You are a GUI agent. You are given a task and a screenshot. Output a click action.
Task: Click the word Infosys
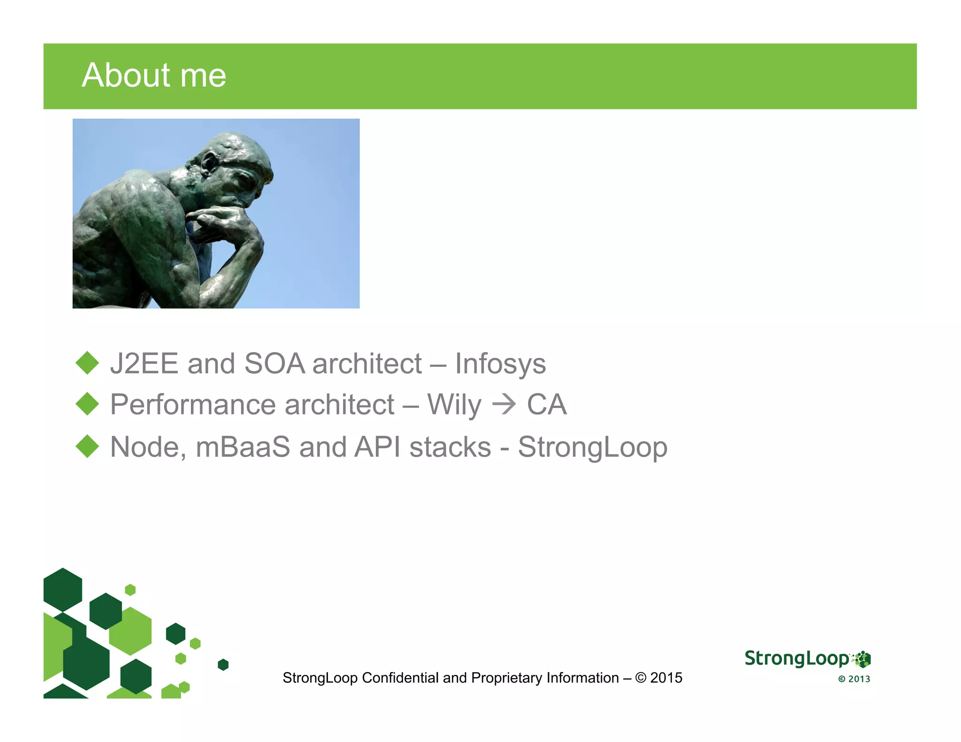pyautogui.click(x=500, y=364)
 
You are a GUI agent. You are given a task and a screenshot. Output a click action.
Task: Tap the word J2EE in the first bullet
pyautogui.click(x=144, y=364)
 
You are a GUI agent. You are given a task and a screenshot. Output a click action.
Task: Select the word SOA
pyautogui.click(x=275, y=364)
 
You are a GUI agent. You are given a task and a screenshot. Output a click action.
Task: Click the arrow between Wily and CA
pyautogui.click(x=503, y=405)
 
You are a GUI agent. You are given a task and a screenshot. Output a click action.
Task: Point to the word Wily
pyautogui.click(x=454, y=405)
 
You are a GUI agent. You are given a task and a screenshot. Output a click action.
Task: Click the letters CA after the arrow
pyautogui.click(x=547, y=405)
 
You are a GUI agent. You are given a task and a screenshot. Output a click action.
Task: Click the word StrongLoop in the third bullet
pyautogui.click(x=592, y=447)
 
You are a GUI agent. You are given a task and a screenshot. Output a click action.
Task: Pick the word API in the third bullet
pyautogui.click(x=377, y=447)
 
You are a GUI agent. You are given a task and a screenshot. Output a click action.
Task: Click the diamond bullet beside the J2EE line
pyautogui.click(x=87, y=363)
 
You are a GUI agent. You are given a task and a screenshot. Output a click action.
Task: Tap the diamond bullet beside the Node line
pyautogui.click(x=87, y=446)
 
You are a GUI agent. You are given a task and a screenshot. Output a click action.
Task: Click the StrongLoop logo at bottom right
pyautogui.click(x=807, y=659)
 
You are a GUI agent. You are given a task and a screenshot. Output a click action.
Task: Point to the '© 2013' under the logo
pyautogui.click(x=854, y=679)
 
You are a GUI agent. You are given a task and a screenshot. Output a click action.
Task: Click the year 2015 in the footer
pyautogui.click(x=666, y=678)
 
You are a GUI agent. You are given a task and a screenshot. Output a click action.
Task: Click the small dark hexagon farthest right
pyautogui.click(x=223, y=665)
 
